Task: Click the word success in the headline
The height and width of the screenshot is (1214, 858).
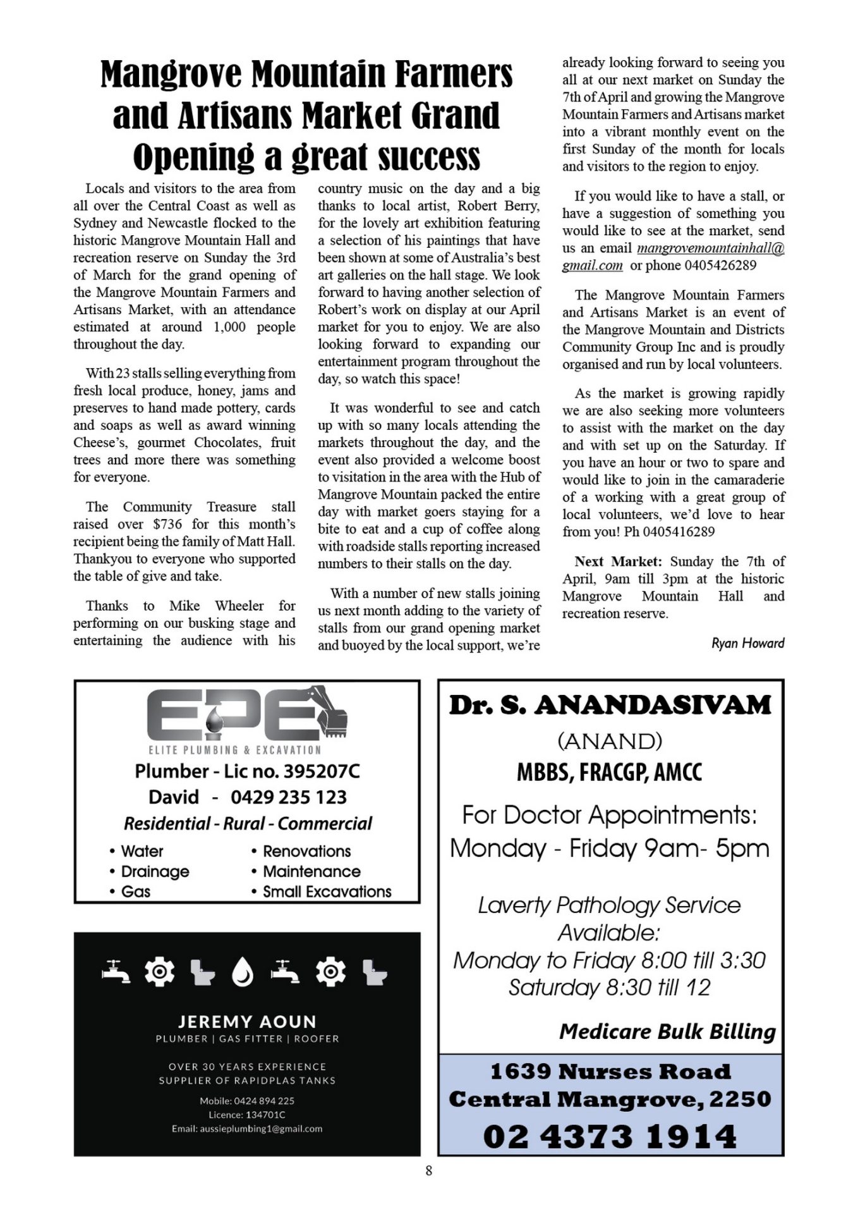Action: pos(429,157)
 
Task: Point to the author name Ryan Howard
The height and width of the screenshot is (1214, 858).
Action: pos(747,643)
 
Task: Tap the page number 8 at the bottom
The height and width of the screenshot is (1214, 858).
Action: pos(429,1170)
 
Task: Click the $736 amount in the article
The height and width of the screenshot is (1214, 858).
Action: pos(167,524)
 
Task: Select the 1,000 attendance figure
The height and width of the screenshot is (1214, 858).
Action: pos(229,327)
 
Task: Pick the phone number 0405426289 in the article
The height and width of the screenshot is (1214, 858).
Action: pos(720,266)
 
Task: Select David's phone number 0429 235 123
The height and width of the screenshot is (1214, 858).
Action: pos(289,797)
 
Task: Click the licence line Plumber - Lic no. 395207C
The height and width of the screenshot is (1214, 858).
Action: pos(247,771)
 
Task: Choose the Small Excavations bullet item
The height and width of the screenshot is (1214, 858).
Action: pos(327,892)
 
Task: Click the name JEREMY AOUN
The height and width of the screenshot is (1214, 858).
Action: pos(247,1022)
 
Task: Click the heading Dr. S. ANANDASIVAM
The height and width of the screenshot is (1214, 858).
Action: pos(610,705)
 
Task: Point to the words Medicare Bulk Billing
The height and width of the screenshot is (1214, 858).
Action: pos(667,1032)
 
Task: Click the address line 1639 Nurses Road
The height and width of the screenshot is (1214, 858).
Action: pos(610,1072)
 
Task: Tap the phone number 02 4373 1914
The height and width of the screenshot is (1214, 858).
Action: pos(610,1136)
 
